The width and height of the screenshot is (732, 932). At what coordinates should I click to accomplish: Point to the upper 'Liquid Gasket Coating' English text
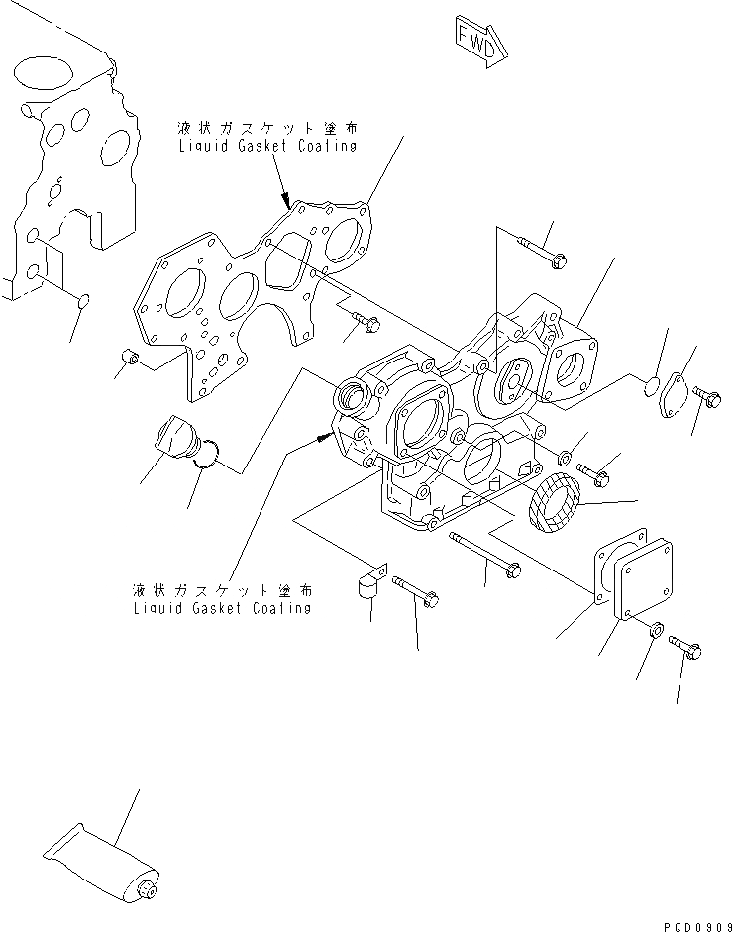click(267, 146)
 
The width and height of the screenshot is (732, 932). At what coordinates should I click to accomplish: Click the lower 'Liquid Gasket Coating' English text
click(222, 607)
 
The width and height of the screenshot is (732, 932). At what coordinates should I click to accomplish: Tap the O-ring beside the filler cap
click(205, 454)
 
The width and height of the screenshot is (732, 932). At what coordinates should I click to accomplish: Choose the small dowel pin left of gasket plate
click(127, 356)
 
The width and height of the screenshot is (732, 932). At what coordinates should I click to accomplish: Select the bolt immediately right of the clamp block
click(416, 590)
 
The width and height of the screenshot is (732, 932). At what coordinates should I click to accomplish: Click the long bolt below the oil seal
click(486, 554)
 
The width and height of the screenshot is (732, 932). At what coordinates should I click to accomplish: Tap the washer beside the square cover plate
click(656, 630)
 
